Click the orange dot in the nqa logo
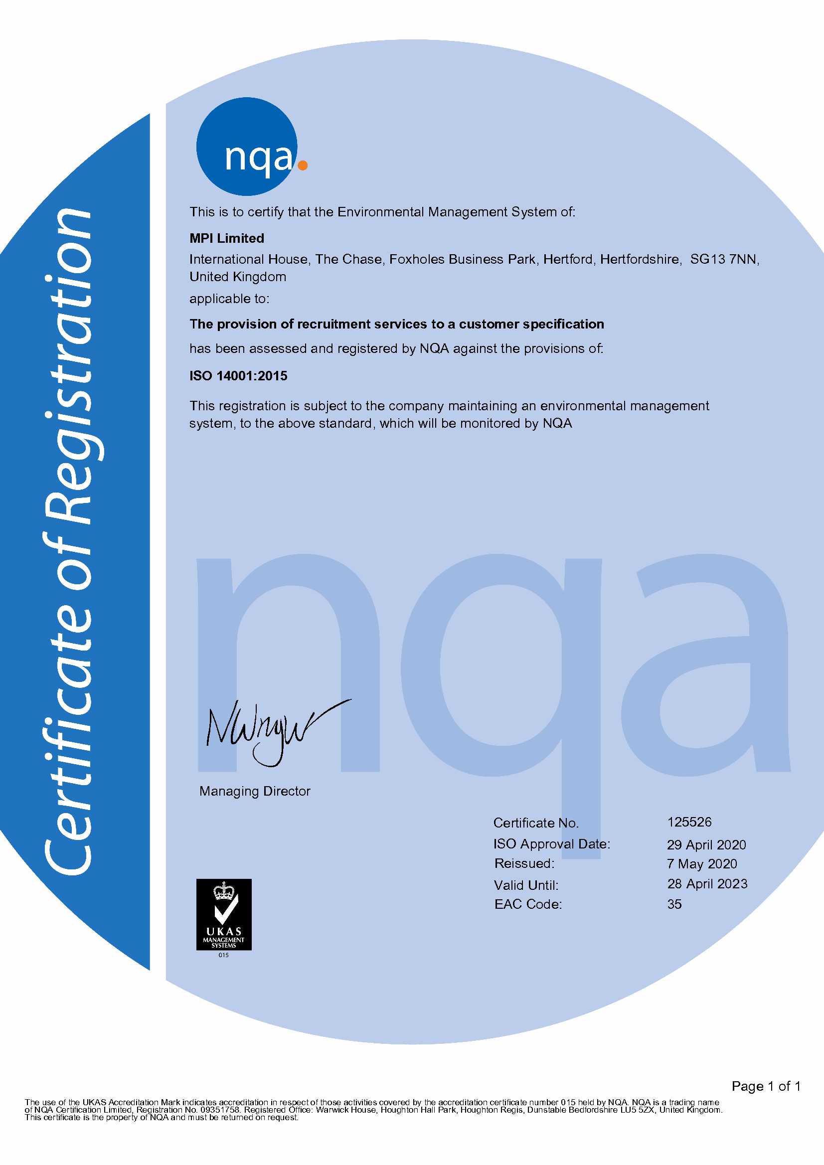pos(303,165)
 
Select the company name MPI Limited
pos(227,238)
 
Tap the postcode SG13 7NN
pos(724,259)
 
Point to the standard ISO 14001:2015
pos(238,376)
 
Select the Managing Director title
pos(255,791)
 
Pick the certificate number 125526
pos(689,822)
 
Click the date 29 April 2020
pos(706,845)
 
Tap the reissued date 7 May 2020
pos(702,863)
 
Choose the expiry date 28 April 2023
pos(707,884)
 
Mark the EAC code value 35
pos(674,904)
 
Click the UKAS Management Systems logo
pos(224,915)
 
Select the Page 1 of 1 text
pos(766,1086)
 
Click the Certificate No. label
pos(536,823)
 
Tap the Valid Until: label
pos(526,885)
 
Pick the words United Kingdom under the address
pos(237,277)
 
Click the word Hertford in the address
pos(567,259)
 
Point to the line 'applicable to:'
pos(229,299)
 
